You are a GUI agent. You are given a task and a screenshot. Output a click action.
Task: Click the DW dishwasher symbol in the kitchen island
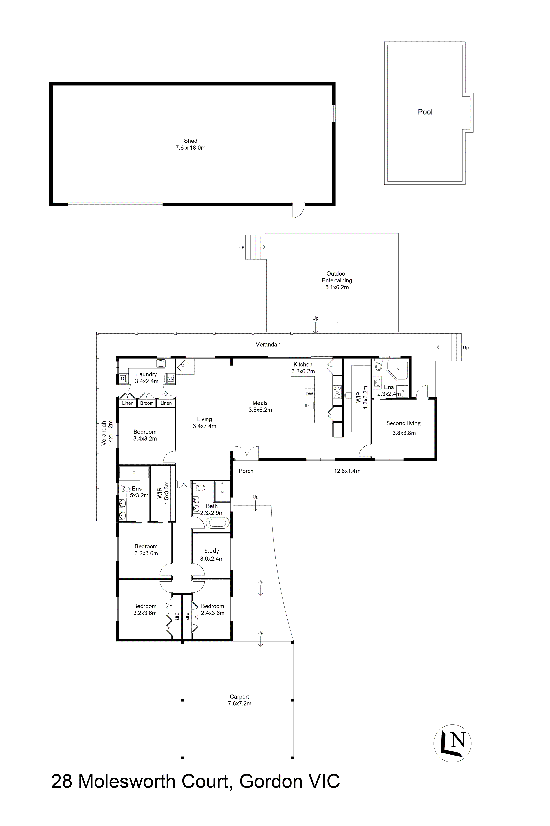point(309,394)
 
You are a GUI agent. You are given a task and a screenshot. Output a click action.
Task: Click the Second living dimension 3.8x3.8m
point(404,433)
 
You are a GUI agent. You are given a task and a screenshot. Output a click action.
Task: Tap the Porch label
point(246,471)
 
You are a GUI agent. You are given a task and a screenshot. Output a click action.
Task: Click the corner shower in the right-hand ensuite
point(397,369)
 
